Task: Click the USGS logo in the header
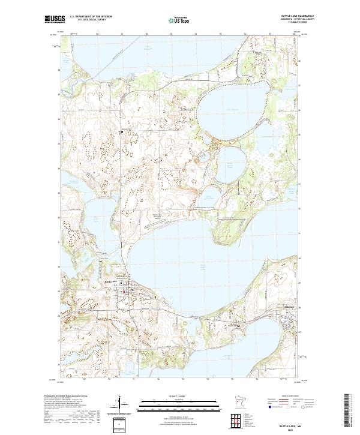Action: pyautogui.click(x=54, y=19)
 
